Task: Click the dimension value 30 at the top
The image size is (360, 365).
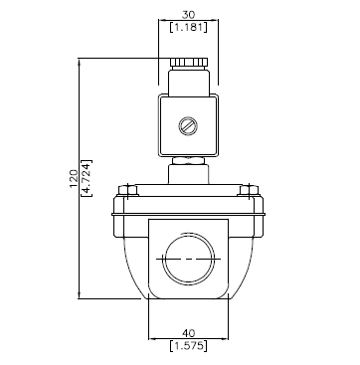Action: pos(188,15)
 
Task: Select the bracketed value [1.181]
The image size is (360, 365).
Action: pos(188,27)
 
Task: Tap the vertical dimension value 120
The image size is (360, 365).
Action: pos(74,178)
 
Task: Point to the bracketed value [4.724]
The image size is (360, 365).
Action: pos(87,178)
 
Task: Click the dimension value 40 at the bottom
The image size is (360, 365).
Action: pos(189,333)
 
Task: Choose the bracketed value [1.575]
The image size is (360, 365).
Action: pos(188,346)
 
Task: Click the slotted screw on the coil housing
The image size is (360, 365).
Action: pos(188,126)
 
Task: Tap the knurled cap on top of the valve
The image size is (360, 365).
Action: pos(189,62)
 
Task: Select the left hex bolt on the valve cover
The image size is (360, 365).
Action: pos(128,190)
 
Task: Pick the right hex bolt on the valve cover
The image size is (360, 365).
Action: pos(249,190)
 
